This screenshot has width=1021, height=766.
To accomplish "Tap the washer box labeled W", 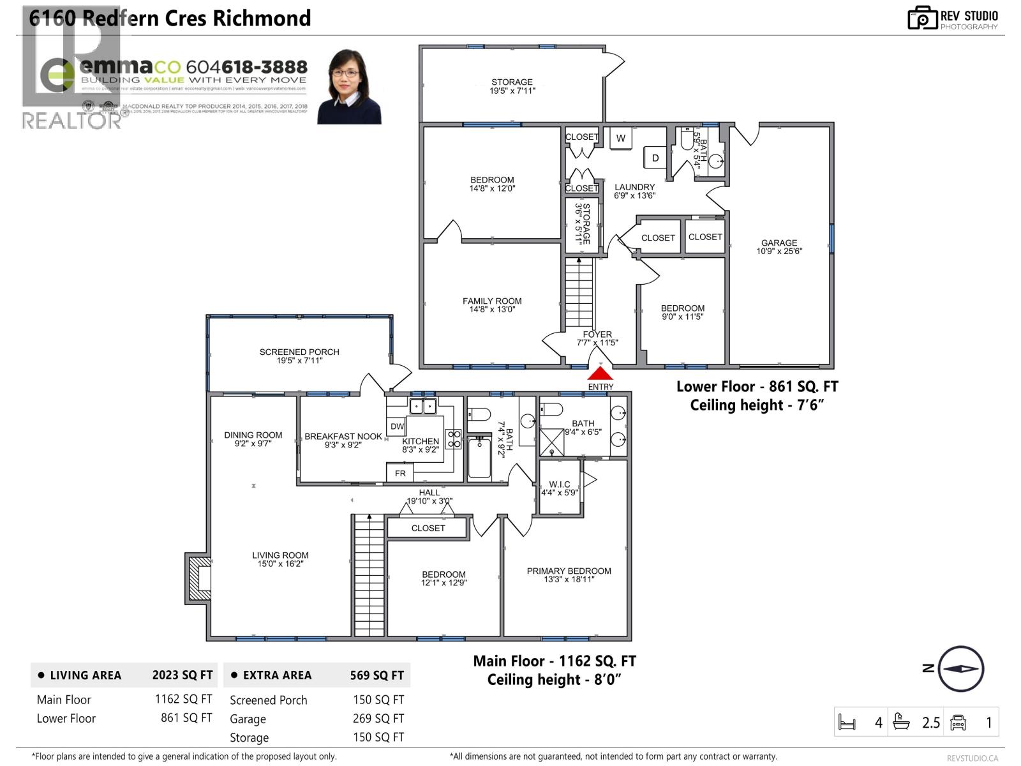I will [620, 139].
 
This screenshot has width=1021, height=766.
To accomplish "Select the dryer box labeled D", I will [655, 158].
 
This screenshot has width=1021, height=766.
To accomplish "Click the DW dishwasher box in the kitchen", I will [397, 426].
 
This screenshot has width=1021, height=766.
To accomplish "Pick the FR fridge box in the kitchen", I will [400, 473].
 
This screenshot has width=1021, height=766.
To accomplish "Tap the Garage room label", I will [779, 246].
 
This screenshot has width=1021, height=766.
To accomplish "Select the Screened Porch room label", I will [299, 356].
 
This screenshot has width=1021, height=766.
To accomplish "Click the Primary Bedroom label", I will [569, 574].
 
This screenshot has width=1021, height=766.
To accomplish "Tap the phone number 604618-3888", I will [246, 67].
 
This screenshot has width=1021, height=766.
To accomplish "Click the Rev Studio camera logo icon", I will [922, 18].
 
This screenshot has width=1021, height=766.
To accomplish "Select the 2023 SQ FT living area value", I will [183, 675].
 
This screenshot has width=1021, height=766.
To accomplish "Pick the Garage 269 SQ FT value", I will [378, 719].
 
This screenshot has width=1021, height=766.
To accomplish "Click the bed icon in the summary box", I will [847, 723].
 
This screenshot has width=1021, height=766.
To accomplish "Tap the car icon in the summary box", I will [958, 723].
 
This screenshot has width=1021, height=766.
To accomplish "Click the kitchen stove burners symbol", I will [454, 439].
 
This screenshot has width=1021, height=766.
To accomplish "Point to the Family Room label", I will [492, 304].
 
